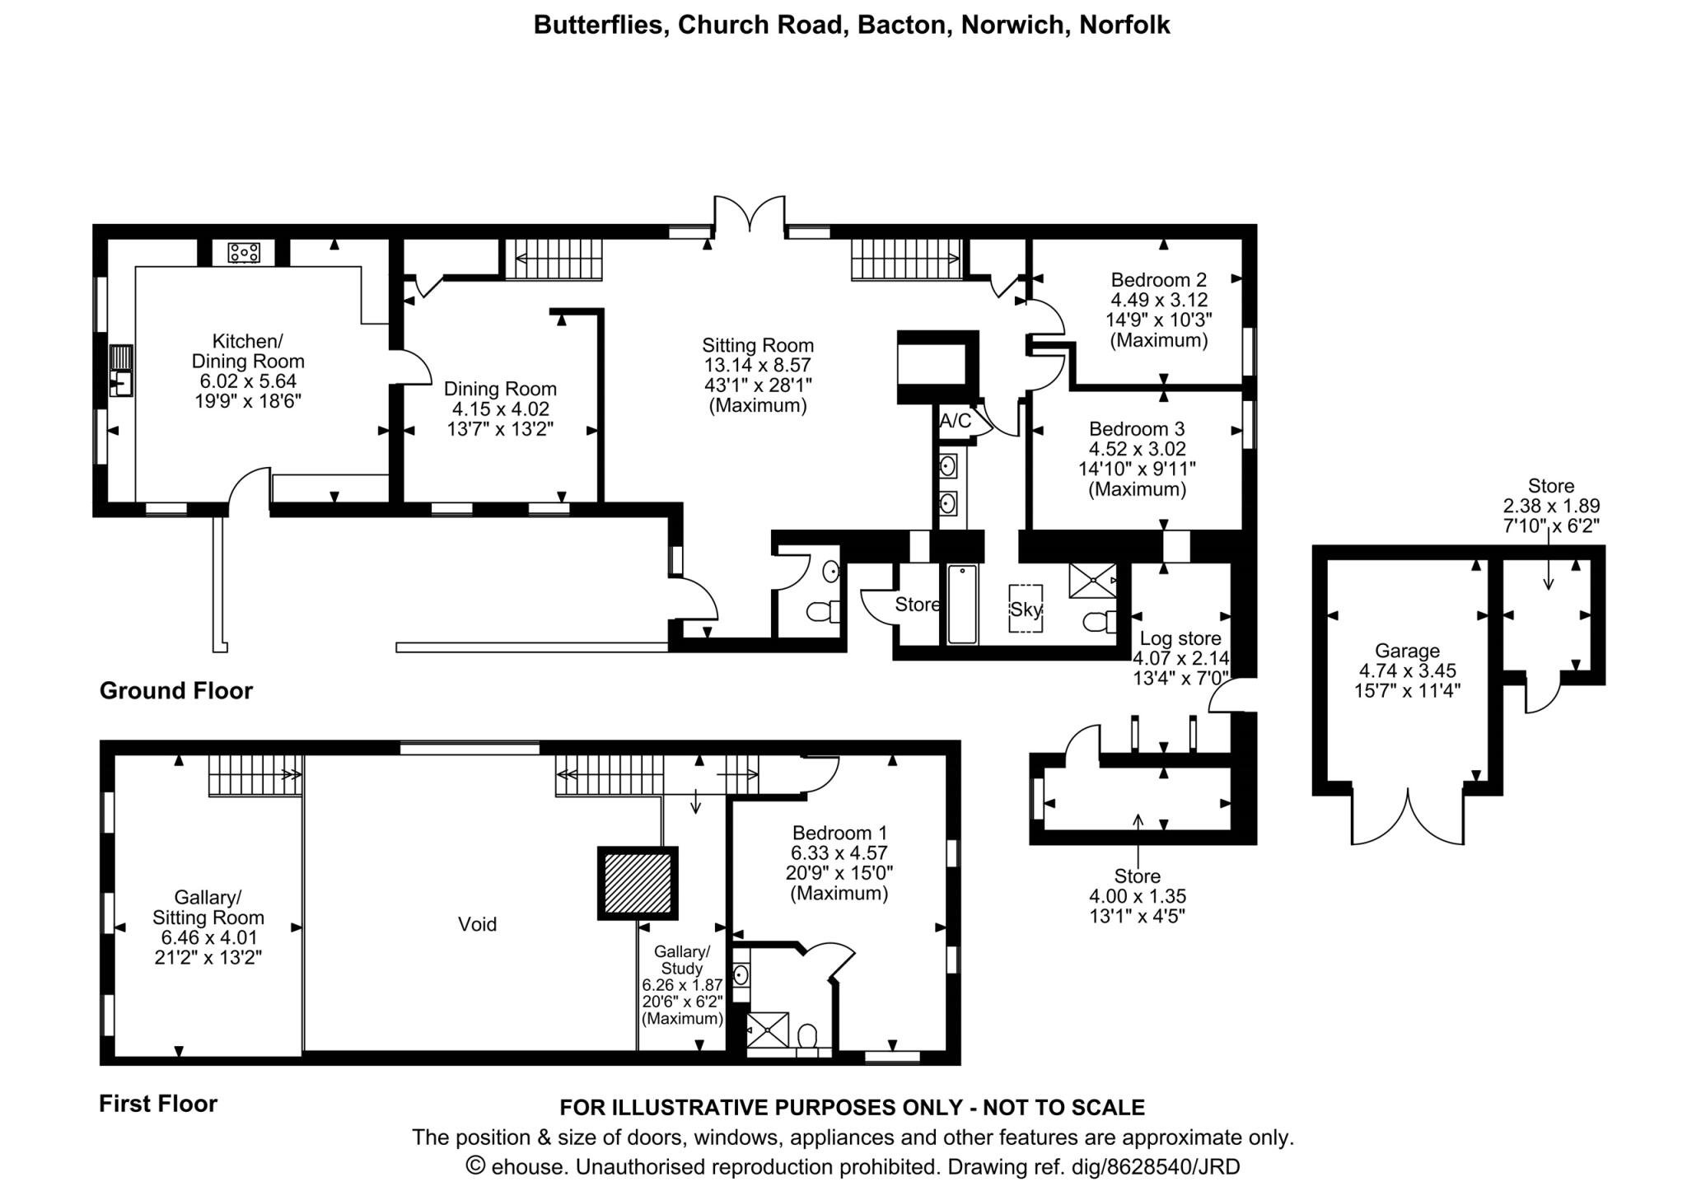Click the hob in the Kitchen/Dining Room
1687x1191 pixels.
click(244, 252)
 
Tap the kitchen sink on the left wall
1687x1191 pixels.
click(121, 371)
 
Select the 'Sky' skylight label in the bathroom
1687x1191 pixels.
click(1026, 610)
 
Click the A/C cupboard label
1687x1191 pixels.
click(956, 421)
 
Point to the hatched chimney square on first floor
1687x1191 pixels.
click(638, 883)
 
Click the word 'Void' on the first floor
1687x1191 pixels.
click(478, 924)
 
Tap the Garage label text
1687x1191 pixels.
click(1408, 651)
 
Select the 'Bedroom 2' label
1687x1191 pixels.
click(1159, 279)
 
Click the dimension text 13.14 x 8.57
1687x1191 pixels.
click(758, 365)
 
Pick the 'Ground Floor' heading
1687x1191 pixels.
click(176, 690)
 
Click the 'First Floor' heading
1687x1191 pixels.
click(158, 1104)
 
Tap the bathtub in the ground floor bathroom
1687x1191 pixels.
click(962, 604)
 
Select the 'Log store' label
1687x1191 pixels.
click(1180, 638)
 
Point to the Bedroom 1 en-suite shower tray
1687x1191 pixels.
click(767, 1030)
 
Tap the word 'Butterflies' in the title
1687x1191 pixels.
click(599, 25)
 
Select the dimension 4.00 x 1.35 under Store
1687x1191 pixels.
click(1138, 896)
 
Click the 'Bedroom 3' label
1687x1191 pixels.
click(1137, 429)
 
